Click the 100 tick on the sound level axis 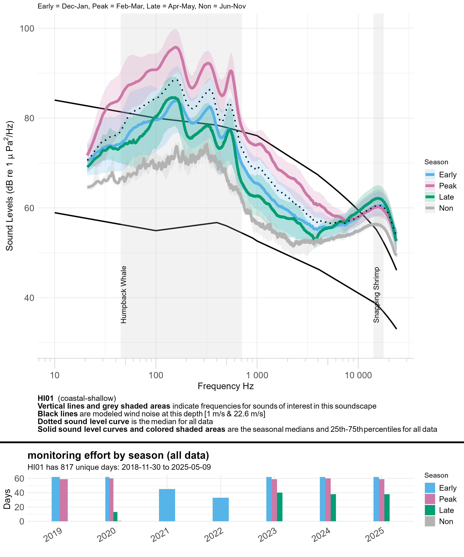click(x=27, y=28)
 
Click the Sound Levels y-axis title click(x=10, y=186)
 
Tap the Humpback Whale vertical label click(x=124, y=294)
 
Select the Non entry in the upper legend click(x=446, y=208)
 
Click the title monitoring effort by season click(x=118, y=455)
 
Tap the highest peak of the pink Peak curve click(x=176, y=47)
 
